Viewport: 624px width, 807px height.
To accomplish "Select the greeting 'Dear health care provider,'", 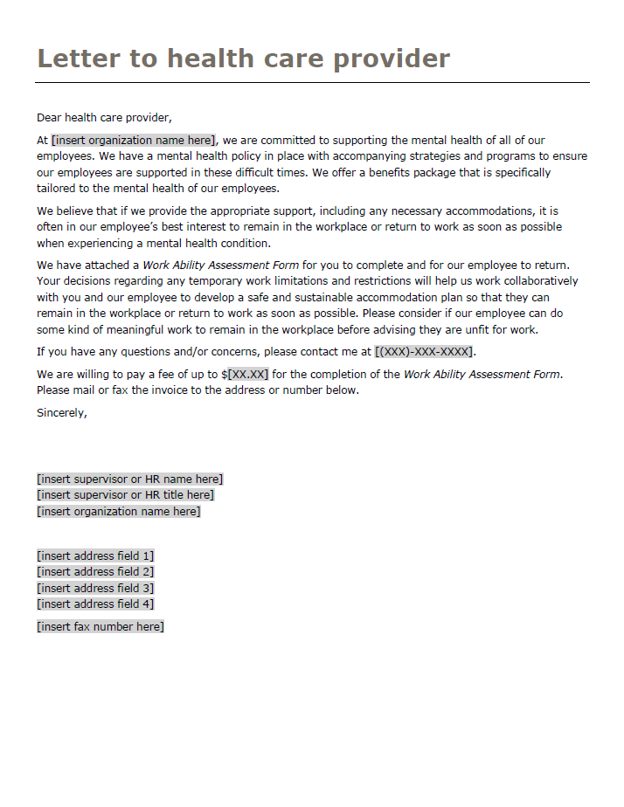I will click(104, 117).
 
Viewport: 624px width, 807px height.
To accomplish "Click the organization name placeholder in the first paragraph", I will click(133, 140).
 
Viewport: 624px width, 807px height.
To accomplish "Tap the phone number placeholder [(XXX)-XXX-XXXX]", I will click(424, 352).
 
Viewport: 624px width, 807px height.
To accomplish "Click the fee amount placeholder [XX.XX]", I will click(248, 375).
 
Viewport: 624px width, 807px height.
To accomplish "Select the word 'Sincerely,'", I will click(62, 413).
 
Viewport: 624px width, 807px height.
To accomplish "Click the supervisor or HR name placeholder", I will click(129, 479).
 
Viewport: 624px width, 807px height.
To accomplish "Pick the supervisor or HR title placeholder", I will click(125, 495).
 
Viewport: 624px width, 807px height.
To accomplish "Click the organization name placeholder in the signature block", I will click(118, 511).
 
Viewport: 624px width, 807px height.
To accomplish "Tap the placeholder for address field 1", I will click(95, 555).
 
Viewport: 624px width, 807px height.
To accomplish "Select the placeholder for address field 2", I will click(95, 572).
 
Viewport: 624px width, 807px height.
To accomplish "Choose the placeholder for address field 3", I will click(95, 588).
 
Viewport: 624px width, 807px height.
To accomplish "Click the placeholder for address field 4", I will click(95, 604).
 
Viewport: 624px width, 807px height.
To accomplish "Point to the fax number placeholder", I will click(100, 626).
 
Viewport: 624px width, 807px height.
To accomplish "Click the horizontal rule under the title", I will click(312, 83).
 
